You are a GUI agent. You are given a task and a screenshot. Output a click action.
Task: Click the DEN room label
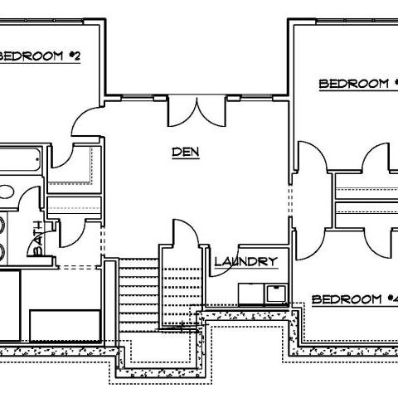[x=186, y=152]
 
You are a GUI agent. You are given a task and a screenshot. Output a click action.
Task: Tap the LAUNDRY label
[x=245, y=261]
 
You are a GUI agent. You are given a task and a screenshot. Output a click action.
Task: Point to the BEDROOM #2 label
[x=40, y=56]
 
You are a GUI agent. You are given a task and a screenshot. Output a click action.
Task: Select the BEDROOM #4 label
[x=355, y=299]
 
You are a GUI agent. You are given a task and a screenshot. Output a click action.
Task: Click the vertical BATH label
[x=38, y=238]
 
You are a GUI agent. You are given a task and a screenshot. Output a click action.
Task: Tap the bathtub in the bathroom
[x=20, y=159]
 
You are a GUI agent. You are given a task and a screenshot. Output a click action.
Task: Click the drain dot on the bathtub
[x=38, y=159]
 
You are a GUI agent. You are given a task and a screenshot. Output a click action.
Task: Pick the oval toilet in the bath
[x=6, y=192]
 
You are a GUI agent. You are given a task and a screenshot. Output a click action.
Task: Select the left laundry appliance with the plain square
[x=251, y=294]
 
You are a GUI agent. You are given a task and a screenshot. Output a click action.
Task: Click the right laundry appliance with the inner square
[x=276, y=294]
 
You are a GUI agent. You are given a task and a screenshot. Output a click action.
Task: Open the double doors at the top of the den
[x=197, y=111]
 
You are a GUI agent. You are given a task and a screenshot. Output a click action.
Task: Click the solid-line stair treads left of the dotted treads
[x=138, y=295]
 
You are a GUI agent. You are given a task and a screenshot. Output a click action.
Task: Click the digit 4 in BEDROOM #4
[x=395, y=299]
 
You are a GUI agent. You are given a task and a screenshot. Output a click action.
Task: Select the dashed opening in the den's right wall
[x=290, y=201]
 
